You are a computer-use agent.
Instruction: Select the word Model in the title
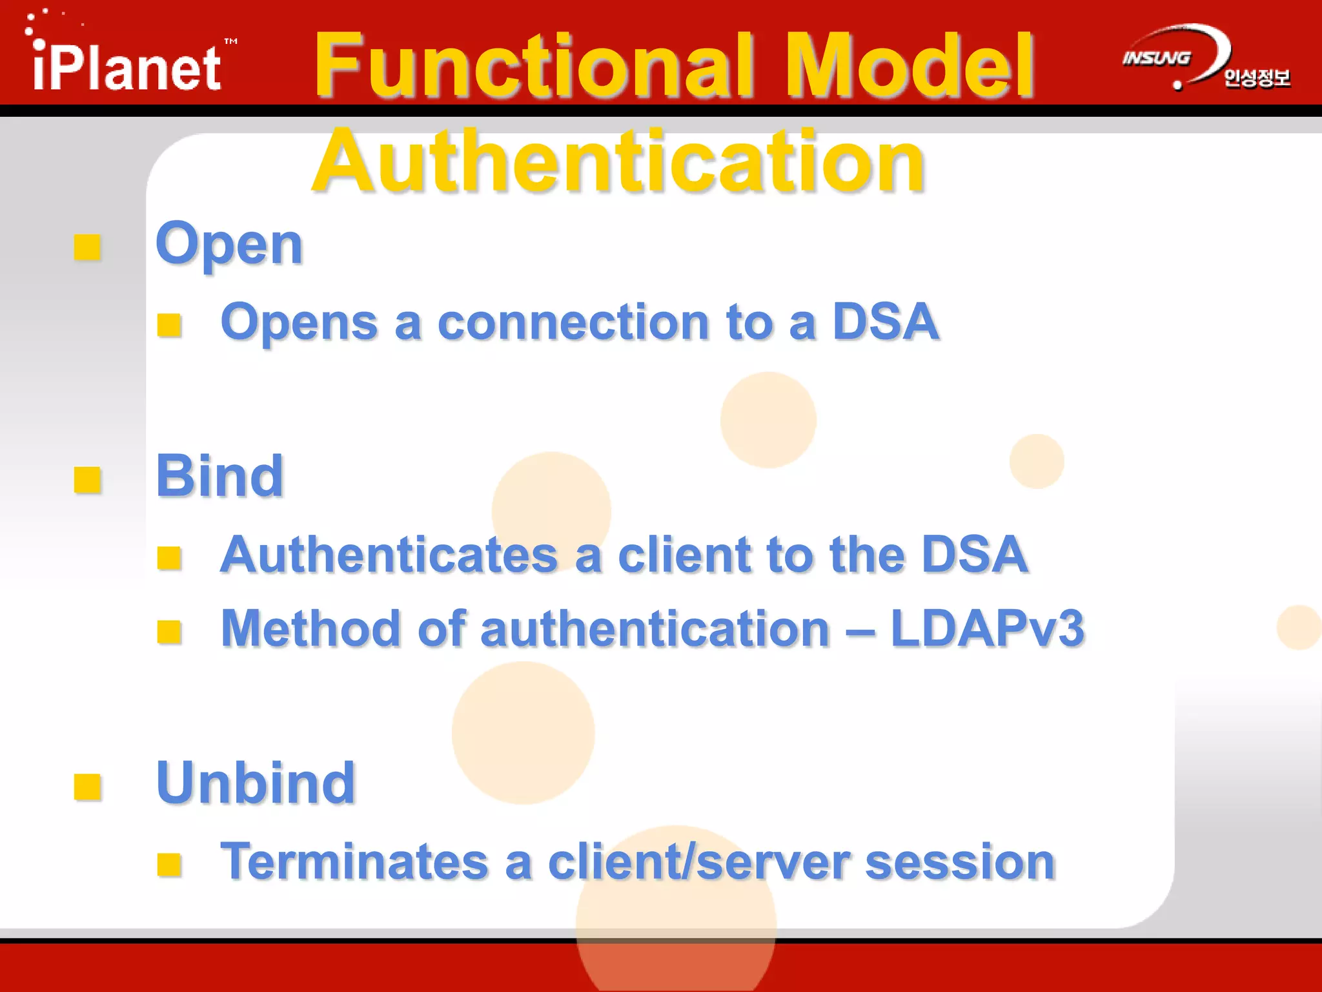[910, 67]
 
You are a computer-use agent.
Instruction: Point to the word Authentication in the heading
[618, 161]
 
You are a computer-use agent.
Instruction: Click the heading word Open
[229, 245]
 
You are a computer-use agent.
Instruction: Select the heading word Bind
[219, 476]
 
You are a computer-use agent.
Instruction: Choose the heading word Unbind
[256, 783]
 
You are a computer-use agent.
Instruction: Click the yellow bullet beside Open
[87, 247]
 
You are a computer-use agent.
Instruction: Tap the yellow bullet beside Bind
[87, 480]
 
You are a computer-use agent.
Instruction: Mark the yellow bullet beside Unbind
[87, 787]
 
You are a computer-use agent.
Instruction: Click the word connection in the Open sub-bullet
[573, 322]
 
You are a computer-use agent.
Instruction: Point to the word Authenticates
[389, 555]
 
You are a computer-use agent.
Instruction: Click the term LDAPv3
[987, 628]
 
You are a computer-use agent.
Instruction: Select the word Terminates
[354, 862]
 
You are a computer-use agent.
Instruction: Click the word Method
[310, 628]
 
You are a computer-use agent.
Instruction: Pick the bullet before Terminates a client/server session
[169, 864]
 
